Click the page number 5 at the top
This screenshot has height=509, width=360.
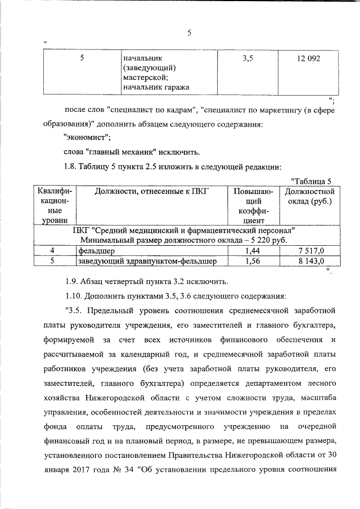pyautogui.click(x=190, y=33)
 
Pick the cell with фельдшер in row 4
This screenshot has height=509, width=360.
pyautogui.click(x=96, y=250)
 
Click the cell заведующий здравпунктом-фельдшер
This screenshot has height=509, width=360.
pyautogui.click(x=145, y=260)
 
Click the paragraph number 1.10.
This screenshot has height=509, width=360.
pyautogui.click(x=74, y=295)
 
